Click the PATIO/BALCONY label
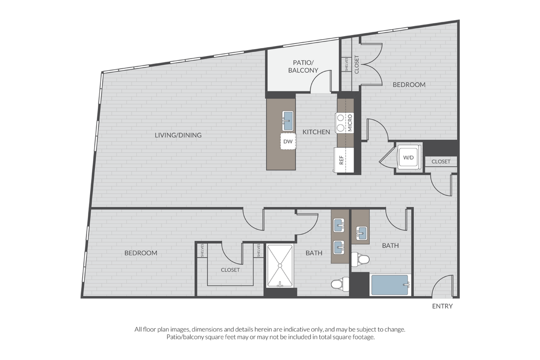pos(303,66)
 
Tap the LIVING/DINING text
pos(178,135)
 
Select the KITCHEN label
pos(316,131)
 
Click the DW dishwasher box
pos(288,141)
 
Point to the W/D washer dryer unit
pos(408,158)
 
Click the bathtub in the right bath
pos(389,285)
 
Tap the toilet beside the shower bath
pos(338,284)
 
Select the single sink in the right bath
pos(361,233)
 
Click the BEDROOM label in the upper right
pos(409,84)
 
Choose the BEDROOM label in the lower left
pos(141,253)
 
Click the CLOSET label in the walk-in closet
pos(230,270)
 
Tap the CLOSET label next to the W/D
pos(441,161)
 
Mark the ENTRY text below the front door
pos(442,306)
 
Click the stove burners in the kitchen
pos(340,123)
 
